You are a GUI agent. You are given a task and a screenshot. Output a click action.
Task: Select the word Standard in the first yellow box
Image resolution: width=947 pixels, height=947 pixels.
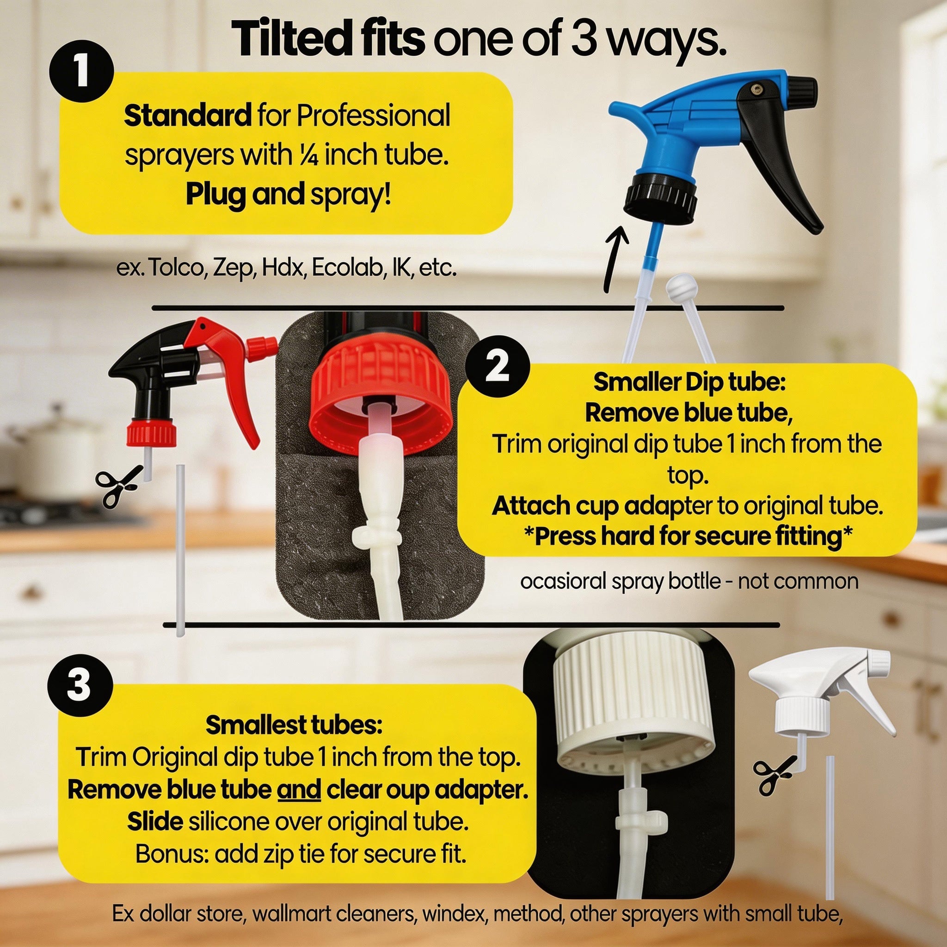[x=187, y=116]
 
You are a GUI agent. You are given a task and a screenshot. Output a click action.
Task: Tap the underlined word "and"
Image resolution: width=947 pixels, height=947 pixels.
[x=300, y=790]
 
